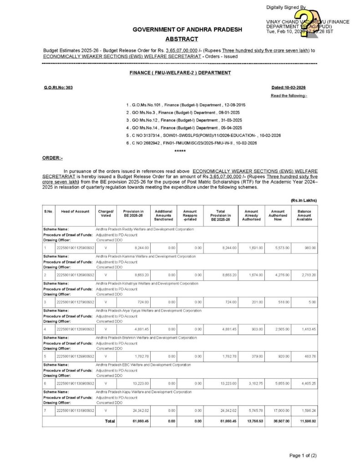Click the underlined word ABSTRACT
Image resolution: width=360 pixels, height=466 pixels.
point(182,39)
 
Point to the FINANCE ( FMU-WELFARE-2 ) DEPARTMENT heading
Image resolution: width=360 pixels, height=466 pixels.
point(180,73)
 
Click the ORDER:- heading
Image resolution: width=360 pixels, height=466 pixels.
point(52,157)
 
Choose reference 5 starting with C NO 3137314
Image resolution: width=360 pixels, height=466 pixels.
point(203,136)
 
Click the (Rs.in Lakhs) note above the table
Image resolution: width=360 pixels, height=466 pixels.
point(304,200)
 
